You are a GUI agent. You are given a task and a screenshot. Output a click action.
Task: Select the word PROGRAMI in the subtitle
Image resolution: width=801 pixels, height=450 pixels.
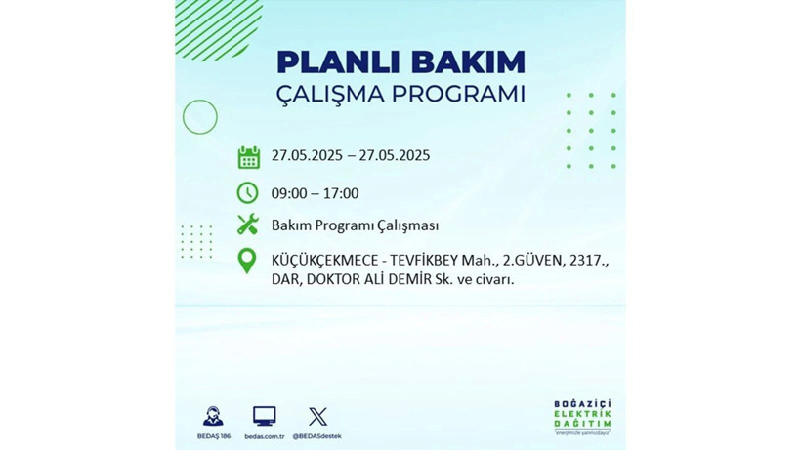click(x=458, y=95)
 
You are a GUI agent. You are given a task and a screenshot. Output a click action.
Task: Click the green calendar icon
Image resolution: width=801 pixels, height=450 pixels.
click(x=248, y=156)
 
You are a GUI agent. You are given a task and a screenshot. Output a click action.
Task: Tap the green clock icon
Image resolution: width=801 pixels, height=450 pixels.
click(x=248, y=192)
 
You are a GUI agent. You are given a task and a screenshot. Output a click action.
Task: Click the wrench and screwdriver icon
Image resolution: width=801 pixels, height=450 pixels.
click(x=248, y=225)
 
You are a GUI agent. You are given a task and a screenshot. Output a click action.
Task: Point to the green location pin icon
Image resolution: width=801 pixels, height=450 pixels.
click(x=248, y=262)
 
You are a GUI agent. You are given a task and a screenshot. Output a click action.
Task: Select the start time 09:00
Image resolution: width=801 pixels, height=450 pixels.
click(x=290, y=193)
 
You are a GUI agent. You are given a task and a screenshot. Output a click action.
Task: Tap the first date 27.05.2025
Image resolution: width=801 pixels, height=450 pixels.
click(x=307, y=156)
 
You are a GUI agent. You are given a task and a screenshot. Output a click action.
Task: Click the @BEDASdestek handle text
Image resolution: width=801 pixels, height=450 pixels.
click(x=316, y=435)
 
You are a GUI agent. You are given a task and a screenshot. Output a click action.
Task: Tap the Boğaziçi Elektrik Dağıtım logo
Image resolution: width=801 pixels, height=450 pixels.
click(x=583, y=416)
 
